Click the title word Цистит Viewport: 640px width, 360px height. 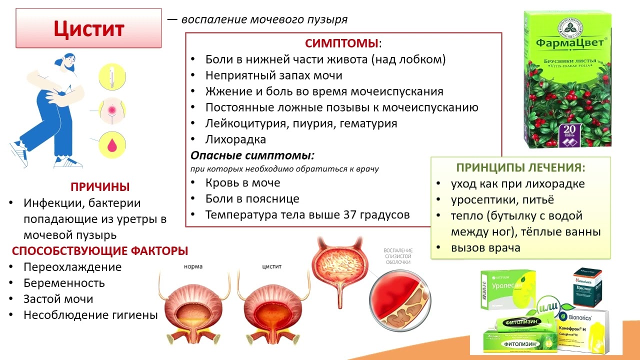[x=88, y=28]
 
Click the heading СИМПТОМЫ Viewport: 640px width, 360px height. [x=342, y=43]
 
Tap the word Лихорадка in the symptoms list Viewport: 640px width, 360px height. [x=235, y=139]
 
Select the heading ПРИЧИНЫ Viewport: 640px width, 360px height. [x=100, y=187]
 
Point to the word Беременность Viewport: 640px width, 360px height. [x=64, y=283]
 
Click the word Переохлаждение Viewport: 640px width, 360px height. [x=72, y=267]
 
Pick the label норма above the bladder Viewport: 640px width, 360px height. [x=192, y=266]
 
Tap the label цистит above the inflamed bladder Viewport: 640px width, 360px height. [x=271, y=266]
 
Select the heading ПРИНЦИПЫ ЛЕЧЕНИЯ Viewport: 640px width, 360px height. [x=520, y=168]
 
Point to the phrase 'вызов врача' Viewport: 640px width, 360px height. [x=485, y=247]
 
